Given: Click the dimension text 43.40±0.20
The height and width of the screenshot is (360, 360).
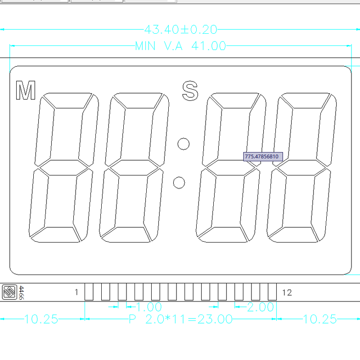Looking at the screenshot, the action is pos(180,30).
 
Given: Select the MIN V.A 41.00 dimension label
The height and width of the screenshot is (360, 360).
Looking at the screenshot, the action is pos(180,46).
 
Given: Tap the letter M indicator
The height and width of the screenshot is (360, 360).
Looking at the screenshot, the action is pos(26,90).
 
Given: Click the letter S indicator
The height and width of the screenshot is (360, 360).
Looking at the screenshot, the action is pos(190,90).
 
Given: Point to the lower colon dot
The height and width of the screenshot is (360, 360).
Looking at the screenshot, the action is pos(179,183).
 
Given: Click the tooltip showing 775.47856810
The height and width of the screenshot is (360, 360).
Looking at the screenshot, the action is pos(263,157).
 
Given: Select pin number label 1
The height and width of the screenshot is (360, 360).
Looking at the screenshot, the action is pos(76,293).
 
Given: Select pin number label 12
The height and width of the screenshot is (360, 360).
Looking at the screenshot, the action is pos(287,293).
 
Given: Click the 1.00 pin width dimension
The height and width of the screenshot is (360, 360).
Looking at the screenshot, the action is pos(148,307).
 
